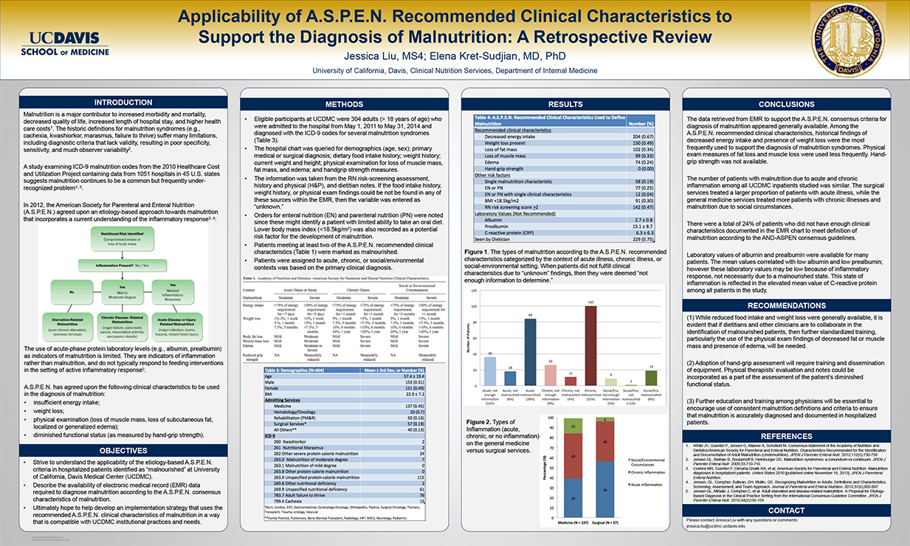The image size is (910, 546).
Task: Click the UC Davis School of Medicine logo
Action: tap(59, 44)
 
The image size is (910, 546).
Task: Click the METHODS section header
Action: tap(344, 105)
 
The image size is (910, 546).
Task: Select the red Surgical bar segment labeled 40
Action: tap(605, 442)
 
